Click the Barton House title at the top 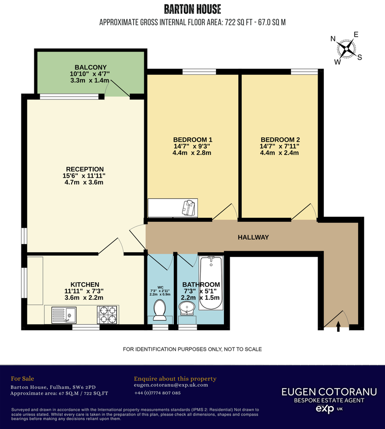(x=192, y=9)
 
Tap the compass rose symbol (x=347, y=48)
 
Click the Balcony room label (x=90, y=67)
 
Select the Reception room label (x=85, y=169)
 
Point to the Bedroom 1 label (x=192, y=140)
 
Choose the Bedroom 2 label (x=279, y=140)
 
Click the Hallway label (x=253, y=237)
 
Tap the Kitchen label (x=85, y=285)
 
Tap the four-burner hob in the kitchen (x=107, y=314)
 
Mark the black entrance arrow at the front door (x=339, y=326)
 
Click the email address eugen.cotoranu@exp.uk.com (x=171, y=385)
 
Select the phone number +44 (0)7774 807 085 (x=157, y=393)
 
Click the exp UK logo (x=329, y=409)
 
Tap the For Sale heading (x=22, y=378)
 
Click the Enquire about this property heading (x=175, y=378)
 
